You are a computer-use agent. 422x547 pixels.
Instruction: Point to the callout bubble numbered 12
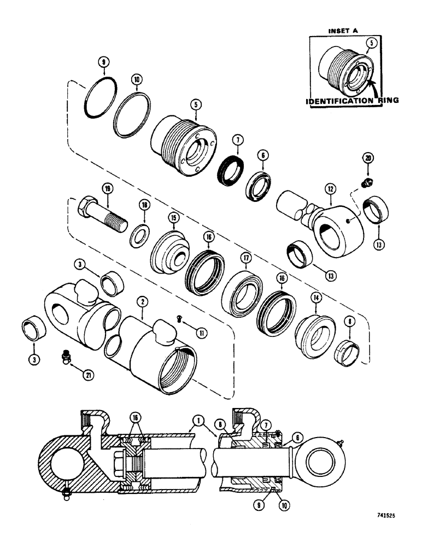329,190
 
